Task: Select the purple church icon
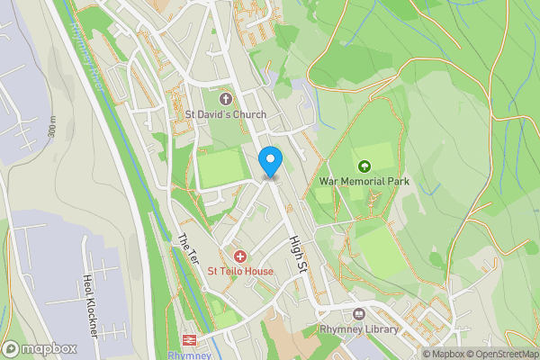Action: [x=224, y=97]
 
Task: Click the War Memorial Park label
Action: [x=364, y=181]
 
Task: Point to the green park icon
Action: [x=364, y=166]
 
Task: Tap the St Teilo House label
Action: [x=240, y=271]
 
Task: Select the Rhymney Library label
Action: [x=359, y=329]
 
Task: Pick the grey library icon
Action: [x=359, y=313]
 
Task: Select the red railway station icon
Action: [x=190, y=340]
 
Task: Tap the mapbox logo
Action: [x=40, y=348]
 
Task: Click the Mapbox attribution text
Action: [x=447, y=354]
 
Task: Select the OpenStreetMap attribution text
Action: [x=504, y=354]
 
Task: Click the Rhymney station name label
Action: [x=189, y=355]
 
